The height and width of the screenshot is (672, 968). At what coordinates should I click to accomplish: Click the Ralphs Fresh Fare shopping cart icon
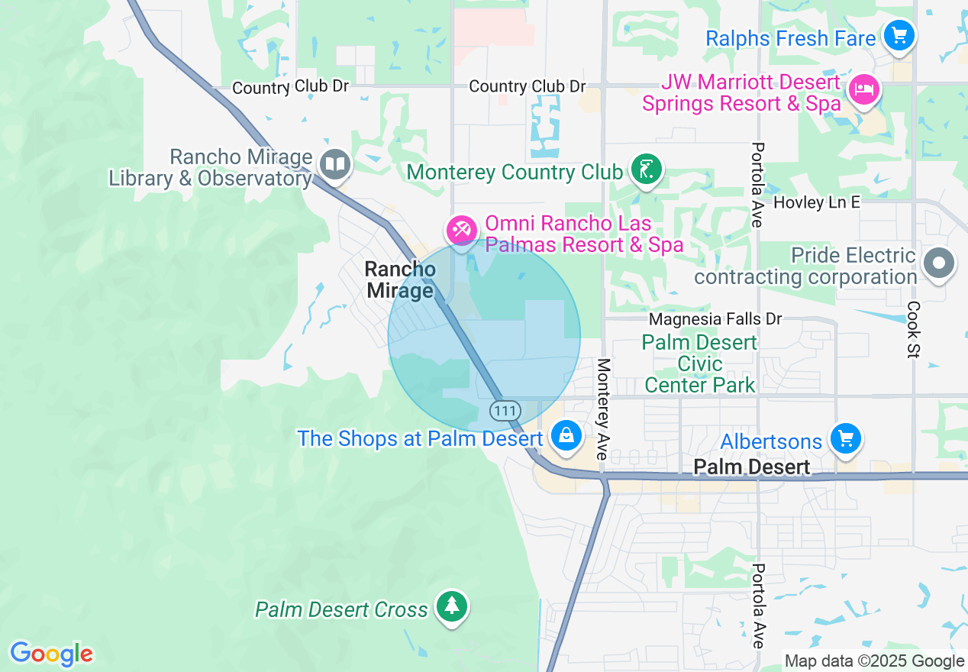[899, 35]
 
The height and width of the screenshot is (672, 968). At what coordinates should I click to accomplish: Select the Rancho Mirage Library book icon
[334, 163]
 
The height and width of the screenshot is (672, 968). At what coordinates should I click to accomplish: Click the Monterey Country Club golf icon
[647, 169]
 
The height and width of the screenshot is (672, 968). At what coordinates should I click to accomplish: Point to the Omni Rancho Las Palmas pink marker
[462, 229]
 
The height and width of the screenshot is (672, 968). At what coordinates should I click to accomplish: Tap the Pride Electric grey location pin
[939, 264]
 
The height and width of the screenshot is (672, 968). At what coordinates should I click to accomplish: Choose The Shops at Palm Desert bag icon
[566, 436]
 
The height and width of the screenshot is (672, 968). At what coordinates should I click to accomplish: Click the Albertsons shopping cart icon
[845, 438]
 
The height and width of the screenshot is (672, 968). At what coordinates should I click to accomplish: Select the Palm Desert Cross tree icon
[452, 606]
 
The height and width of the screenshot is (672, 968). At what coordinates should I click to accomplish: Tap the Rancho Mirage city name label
[400, 279]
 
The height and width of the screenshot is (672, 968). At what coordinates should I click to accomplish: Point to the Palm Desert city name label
[752, 467]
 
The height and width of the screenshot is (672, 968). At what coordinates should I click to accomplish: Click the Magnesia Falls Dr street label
[715, 318]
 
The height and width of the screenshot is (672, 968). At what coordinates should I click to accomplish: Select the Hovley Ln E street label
[816, 202]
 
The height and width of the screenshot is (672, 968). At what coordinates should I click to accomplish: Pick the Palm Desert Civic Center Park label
[699, 363]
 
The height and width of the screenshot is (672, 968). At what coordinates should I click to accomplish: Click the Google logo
[51, 654]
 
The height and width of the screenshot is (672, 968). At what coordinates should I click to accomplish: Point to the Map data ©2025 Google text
[874, 661]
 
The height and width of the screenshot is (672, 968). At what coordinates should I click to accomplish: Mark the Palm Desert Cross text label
[341, 609]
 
